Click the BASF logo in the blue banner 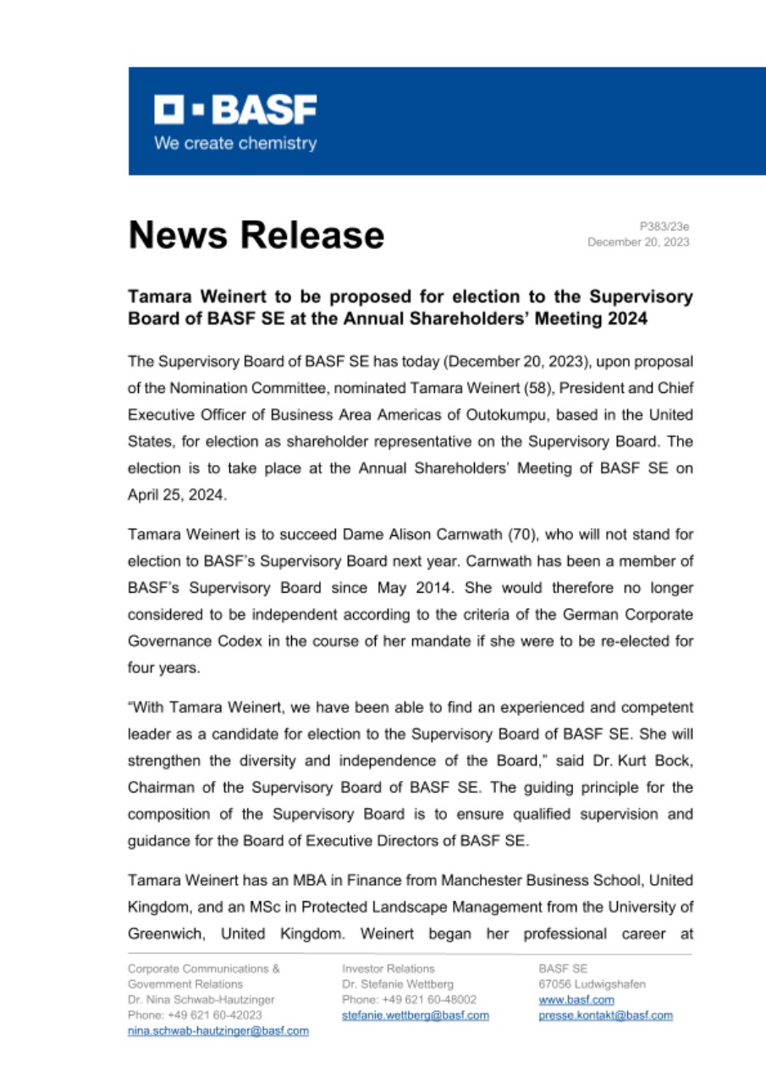[235, 110]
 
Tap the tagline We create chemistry [235, 143]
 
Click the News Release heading [256, 234]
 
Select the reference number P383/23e [664, 226]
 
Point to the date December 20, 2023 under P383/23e [638, 242]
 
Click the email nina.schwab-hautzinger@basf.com [218, 1031]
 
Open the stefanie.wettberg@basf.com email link [415, 1015]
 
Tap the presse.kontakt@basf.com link [605, 1015]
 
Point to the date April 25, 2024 [177, 495]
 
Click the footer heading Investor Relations [388, 968]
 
